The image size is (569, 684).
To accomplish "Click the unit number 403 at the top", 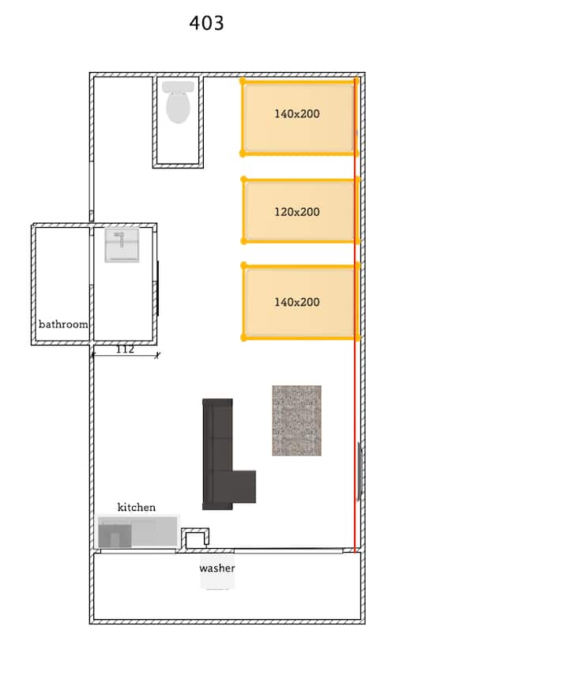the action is coord(207,23).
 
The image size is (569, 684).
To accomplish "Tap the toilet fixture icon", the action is coord(178,102).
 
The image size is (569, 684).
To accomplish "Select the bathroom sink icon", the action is coord(122,245).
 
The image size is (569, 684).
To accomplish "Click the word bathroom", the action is coord(63,324).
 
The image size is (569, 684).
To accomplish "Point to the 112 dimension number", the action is coord(125,350).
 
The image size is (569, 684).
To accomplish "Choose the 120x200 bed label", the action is coord(297,212).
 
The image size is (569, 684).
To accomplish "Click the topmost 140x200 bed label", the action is coord(297,114).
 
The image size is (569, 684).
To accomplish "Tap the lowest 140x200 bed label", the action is coord(297,302).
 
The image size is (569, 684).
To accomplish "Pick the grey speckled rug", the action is coord(297,421).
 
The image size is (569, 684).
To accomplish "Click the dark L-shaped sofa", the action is coord(217,454).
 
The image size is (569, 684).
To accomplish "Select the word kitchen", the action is coord(137,507).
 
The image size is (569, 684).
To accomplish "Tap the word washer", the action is coord(217,568).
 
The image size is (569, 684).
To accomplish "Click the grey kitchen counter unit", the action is coord(138,531).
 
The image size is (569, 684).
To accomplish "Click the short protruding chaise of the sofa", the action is coord(244,486).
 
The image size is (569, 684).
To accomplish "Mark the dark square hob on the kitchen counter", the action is coord(115,536).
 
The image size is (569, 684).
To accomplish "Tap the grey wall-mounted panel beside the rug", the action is coord(360,471).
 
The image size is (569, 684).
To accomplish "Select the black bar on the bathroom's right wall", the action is coord(158,289).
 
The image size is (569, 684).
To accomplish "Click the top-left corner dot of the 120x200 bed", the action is coord(243,180).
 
